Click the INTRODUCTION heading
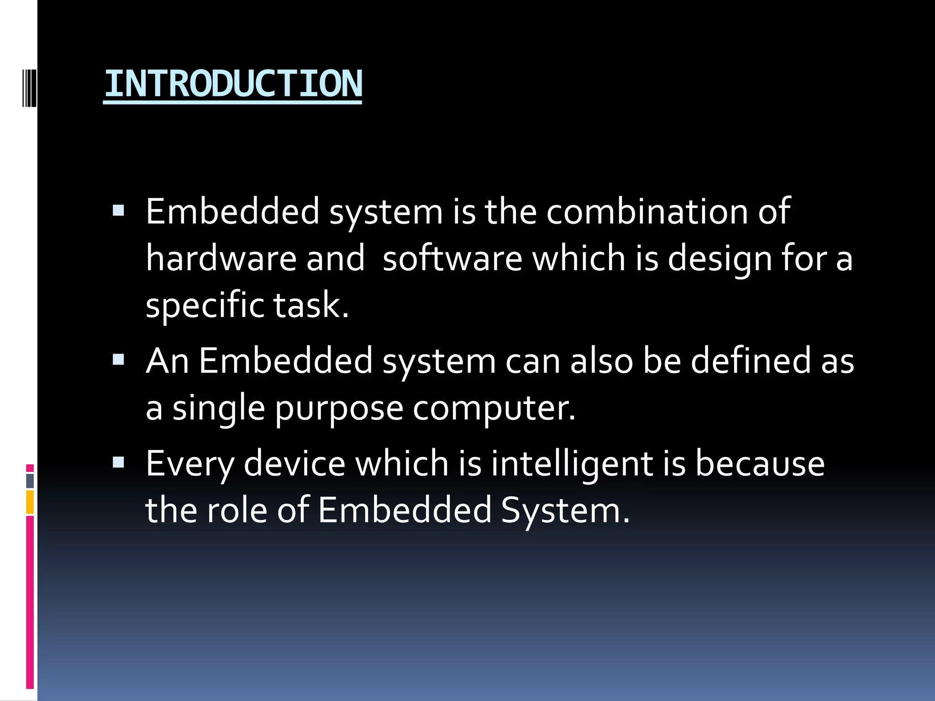tap(233, 84)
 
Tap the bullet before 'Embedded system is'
tap(118, 210)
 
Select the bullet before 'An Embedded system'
tap(118, 360)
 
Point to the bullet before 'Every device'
tap(118, 463)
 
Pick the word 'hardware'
tap(221, 258)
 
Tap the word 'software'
tap(452, 258)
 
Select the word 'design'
tap(719, 259)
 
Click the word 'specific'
tap(204, 306)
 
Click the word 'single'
tap(219, 408)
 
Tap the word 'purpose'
tap(339, 409)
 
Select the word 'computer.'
tap(494, 408)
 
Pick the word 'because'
tap(760, 464)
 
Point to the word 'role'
tap(237, 510)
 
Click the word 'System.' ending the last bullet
tap(565, 511)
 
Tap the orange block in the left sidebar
tap(30, 502)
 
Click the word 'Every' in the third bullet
tap(189, 465)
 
